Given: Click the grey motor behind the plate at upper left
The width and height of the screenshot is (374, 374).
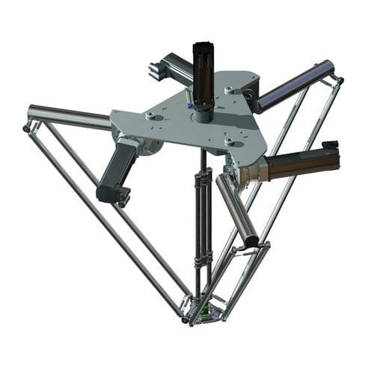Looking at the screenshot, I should pos(171,69).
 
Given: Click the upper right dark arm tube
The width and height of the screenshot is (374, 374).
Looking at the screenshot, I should pos(295,84).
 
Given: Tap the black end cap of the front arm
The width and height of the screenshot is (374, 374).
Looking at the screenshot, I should pos(251,241).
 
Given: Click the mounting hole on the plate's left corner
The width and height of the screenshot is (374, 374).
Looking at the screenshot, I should pos(150,116).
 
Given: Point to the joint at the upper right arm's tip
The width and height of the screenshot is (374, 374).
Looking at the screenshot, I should pos(339,79).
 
